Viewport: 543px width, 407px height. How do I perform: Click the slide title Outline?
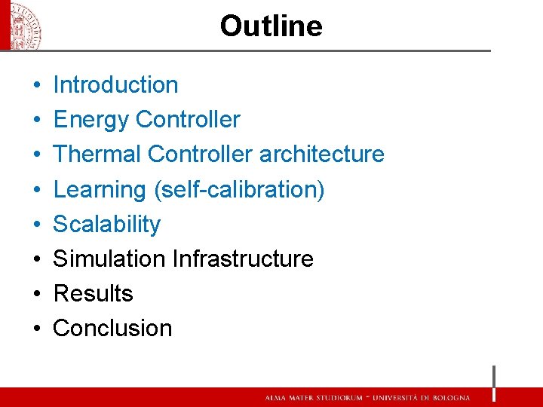click(271, 26)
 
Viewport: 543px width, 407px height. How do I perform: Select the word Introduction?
click(115, 85)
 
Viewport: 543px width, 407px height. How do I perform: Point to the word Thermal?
click(97, 155)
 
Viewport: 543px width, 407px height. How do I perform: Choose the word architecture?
click(321, 155)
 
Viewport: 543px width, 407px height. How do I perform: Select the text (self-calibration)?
click(239, 190)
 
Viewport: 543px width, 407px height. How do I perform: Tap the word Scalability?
click(106, 225)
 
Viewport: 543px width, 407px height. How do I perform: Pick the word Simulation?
click(109, 259)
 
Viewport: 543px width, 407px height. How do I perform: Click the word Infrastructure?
click(243, 259)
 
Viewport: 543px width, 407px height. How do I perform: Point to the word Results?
click(93, 294)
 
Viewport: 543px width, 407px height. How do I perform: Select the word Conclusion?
click(112, 329)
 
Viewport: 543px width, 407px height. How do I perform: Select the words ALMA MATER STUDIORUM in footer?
click(311, 398)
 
